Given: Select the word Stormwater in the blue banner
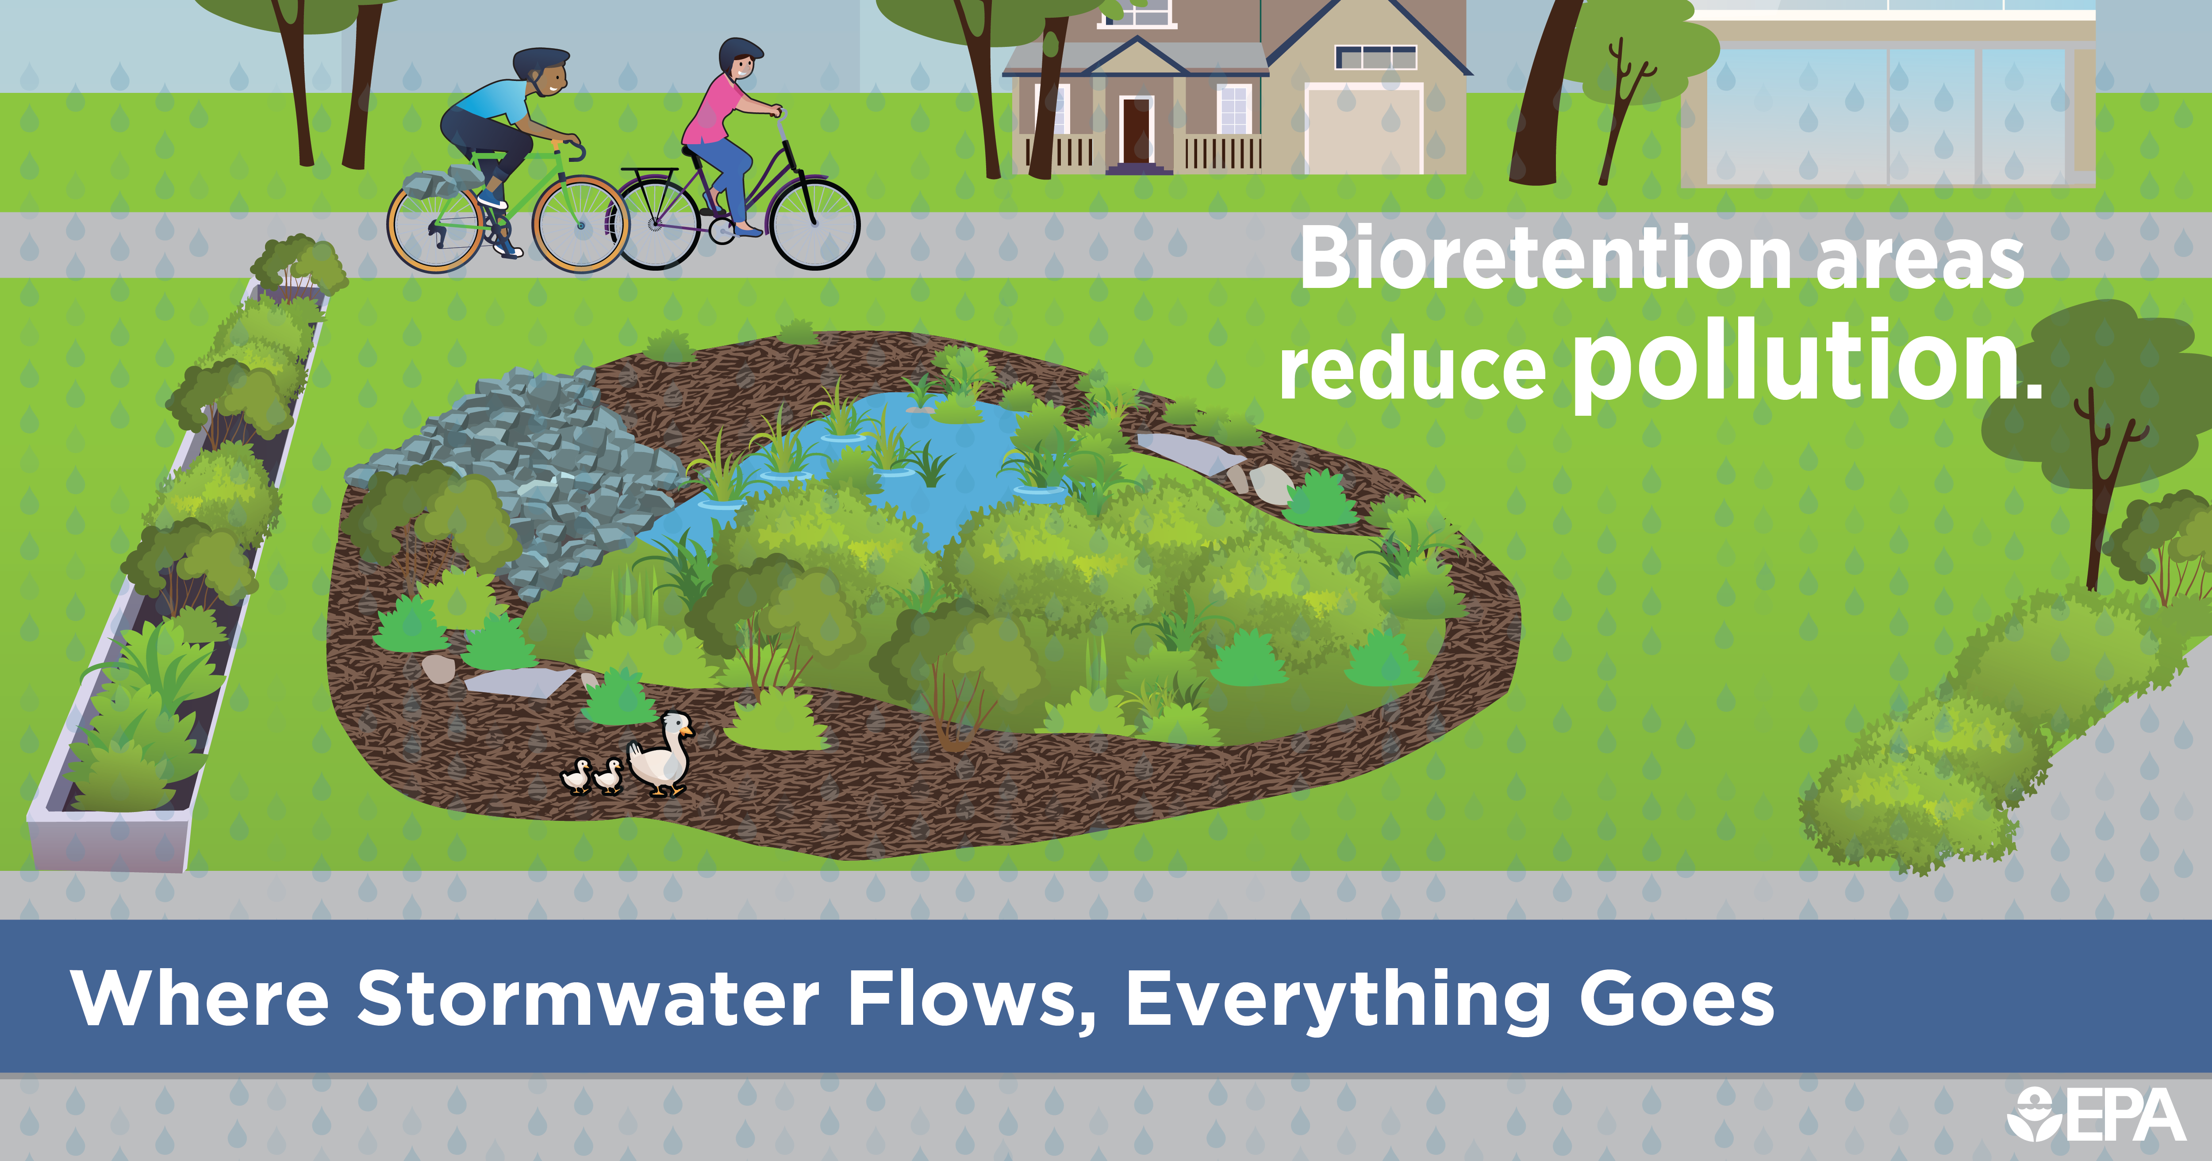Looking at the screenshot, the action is click(588, 999).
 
